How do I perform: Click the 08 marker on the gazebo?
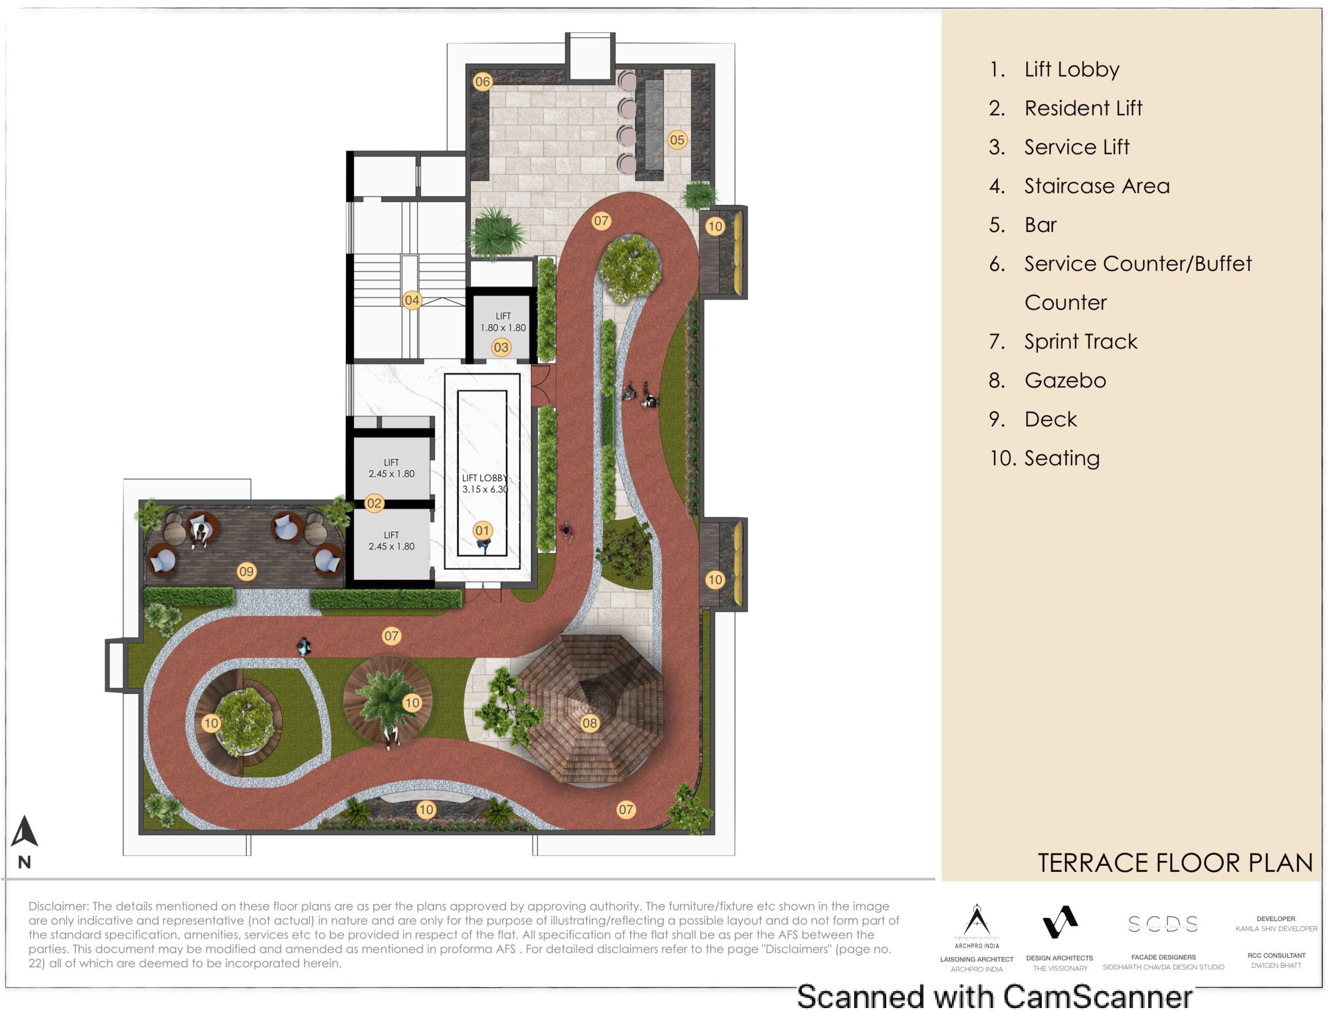[589, 723]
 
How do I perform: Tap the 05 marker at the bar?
[677, 140]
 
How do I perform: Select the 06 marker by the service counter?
[482, 81]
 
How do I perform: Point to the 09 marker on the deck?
[246, 571]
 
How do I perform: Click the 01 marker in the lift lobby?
[482, 531]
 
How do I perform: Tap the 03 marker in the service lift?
[501, 348]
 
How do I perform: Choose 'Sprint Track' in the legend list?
[1081, 342]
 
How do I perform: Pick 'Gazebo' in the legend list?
[1065, 380]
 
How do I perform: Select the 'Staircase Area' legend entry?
[1097, 186]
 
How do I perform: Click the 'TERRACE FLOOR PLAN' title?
[1175, 863]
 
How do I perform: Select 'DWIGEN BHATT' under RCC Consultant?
[1276, 966]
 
